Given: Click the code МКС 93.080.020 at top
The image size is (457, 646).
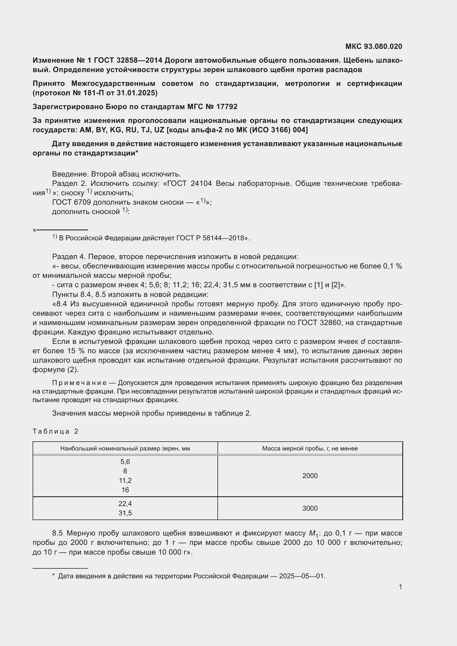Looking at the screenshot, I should (x=374, y=46).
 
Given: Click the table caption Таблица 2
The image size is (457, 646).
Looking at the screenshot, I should (x=56, y=431).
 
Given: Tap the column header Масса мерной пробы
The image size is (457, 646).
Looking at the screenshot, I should (x=309, y=449).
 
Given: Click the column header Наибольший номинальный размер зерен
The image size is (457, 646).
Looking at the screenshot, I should (x=125, y=449).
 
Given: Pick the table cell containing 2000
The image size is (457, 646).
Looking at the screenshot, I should (x=310, y=476).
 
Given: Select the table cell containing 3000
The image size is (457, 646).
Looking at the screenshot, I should (x=310, y=508).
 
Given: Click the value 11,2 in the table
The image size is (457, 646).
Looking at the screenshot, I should (x=125, y=480).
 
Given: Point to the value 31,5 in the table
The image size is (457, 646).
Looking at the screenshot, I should (x=125, y=513).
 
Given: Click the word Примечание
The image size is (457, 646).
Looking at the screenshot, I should (x=79, y=383).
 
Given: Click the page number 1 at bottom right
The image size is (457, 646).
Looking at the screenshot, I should (x=400, y=587).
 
